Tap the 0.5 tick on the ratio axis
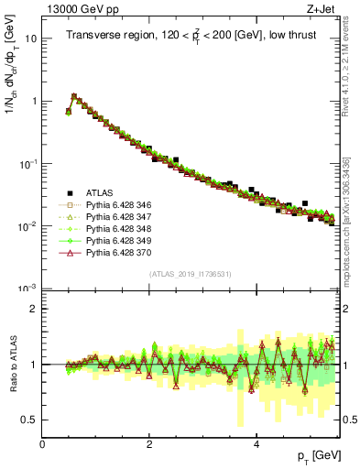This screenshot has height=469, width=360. pos(29,420)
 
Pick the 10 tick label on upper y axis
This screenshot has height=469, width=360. pos(29,39)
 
